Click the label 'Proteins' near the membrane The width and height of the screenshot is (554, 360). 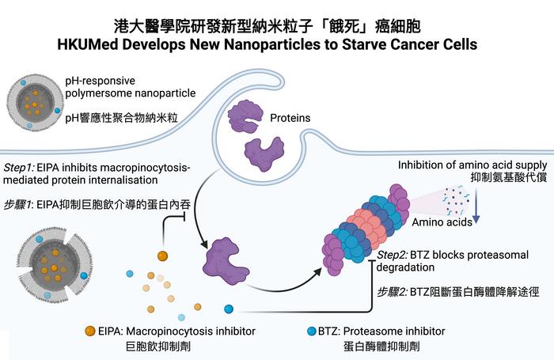pyautogui.click(x=289, y=119)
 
